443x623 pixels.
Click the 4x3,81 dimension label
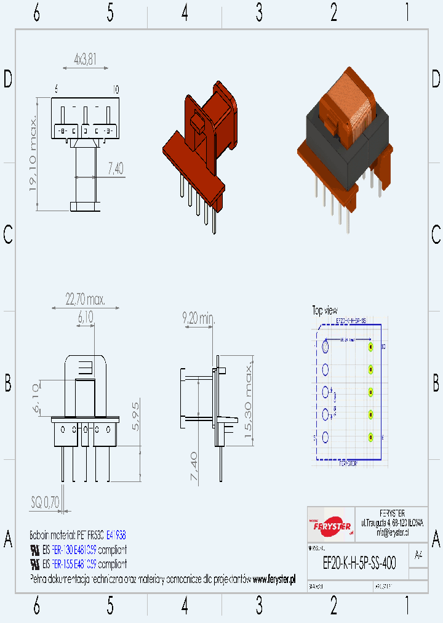point(85,60)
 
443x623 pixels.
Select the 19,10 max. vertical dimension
point(34,153)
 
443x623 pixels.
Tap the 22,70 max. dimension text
point(85,300)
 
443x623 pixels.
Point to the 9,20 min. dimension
point(198,319)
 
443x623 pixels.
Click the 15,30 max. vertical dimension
point(249,401)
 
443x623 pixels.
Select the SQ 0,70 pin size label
point(45,502)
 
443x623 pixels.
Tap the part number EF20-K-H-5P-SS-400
point(359,562)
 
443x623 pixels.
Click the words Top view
point(325,311)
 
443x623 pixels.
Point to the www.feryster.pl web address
point(274,579)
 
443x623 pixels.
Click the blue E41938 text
point(116,535)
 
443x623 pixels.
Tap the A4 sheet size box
point(418,555)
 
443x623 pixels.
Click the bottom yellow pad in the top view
point(370,437)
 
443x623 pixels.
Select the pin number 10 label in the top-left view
point(115,89)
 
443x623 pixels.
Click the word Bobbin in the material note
point(40,535)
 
